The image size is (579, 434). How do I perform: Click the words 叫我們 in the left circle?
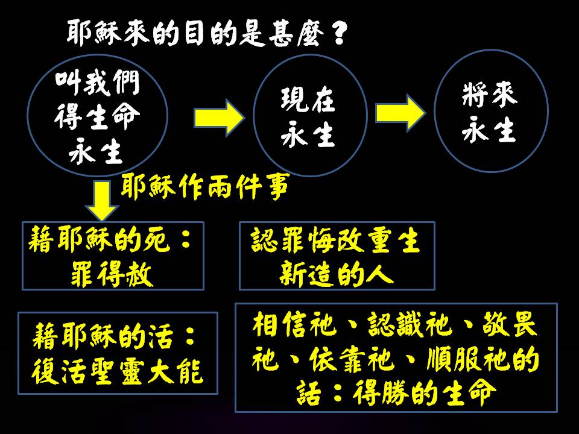[x=98, y=83]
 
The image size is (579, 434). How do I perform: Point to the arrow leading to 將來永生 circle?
[x=400, y=113]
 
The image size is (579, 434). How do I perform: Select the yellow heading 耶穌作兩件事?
[x=205, y=187]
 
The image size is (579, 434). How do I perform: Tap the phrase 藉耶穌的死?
[x=100, y=241]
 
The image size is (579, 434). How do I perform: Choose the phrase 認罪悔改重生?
[x=335, y=241]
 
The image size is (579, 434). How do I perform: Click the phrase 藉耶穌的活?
[x=103, y=336]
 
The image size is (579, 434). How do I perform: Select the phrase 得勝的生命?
[x=425, y=392]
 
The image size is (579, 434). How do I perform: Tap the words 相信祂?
[x=294, y=325]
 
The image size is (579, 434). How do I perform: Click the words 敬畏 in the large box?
[x=510, y=325]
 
